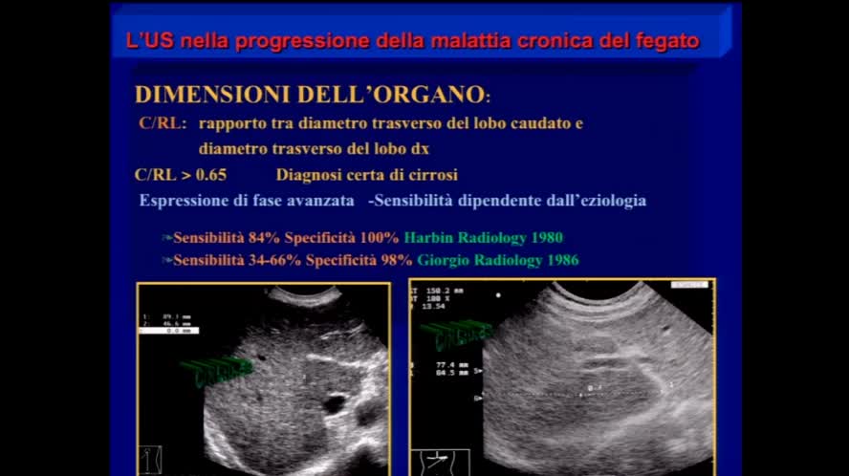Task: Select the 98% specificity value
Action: [396, 260]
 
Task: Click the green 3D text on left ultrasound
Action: [214, 372]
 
